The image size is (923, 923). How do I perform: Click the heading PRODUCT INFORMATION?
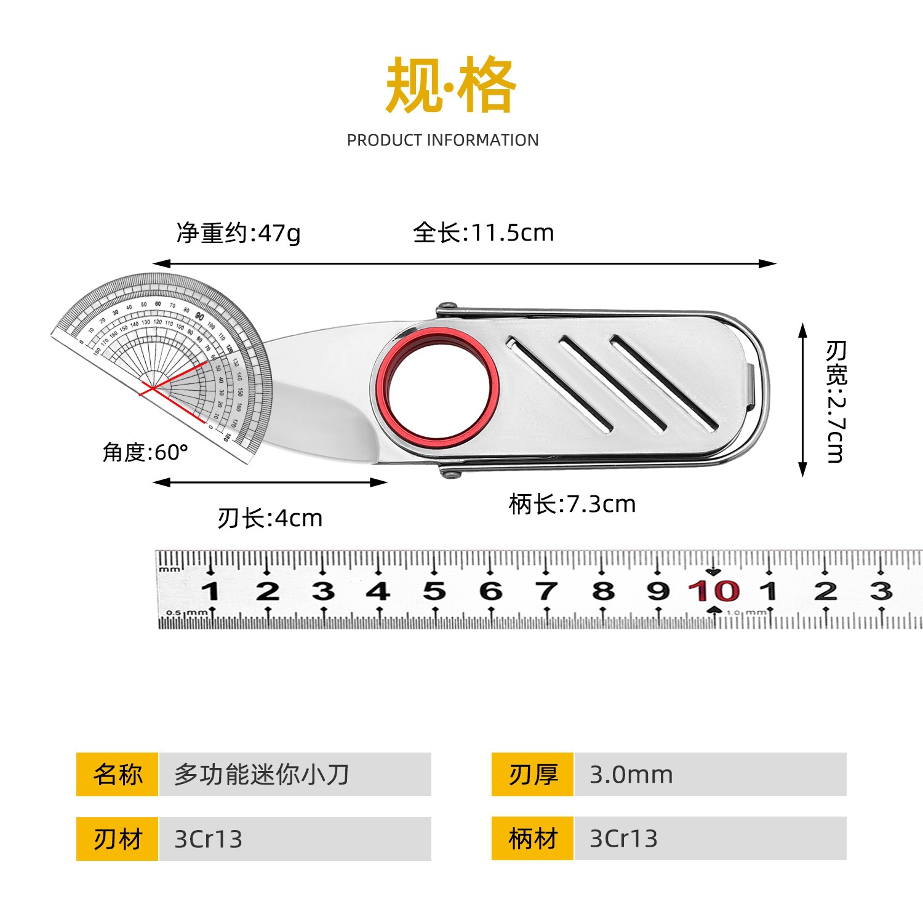(442, 140)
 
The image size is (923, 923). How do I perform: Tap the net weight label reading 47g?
(239, 233)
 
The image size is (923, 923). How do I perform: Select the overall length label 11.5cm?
(484, 233)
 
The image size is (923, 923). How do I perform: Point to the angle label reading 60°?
(145, 452)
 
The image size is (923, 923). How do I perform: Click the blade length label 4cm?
(270, 518)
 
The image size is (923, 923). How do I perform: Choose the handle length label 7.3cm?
(572, 504)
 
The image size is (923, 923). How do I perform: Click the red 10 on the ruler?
(714, 591)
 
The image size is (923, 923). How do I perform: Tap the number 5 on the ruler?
(434, 591)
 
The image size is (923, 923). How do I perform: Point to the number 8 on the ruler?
(603, 591)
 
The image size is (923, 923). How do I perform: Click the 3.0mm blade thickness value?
(631, 775)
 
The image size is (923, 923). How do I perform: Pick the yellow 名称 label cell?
(118, 774)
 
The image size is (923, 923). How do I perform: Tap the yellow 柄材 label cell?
(533, 839)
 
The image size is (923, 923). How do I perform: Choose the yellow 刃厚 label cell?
(533, 774)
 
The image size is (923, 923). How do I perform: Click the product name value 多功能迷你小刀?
(262, 774)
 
